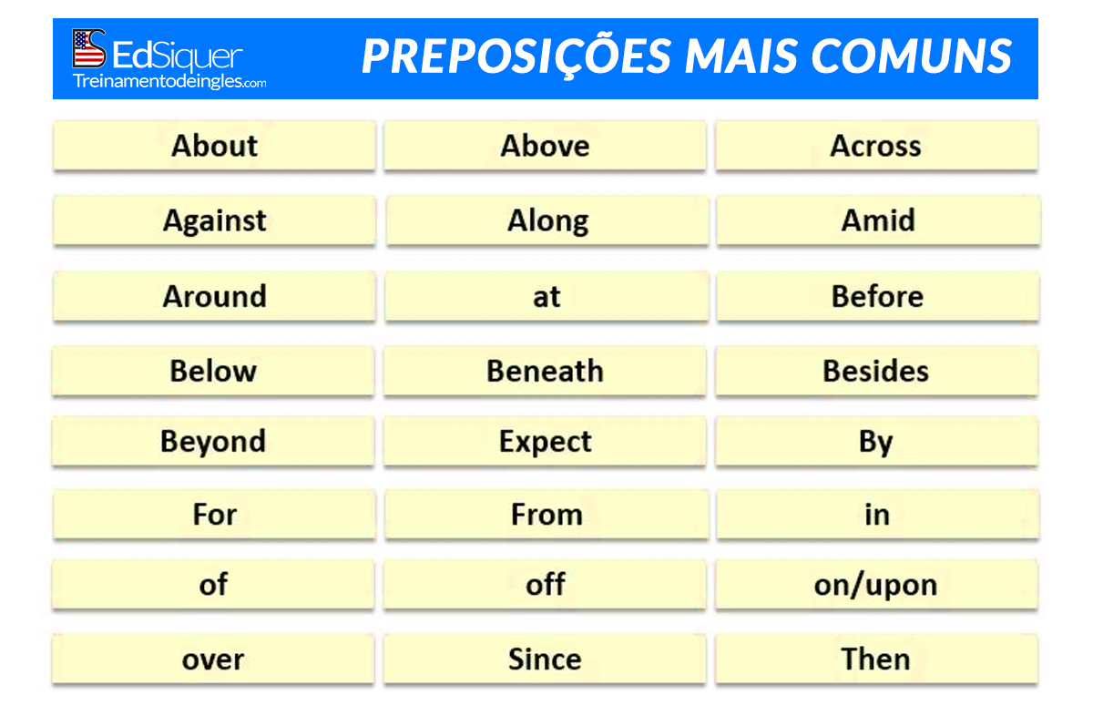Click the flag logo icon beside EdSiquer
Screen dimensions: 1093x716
(89, 48)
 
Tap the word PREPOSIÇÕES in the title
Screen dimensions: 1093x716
(516, 56)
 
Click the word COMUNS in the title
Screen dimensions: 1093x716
(911, 56)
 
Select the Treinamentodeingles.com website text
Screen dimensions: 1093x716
(169, 81)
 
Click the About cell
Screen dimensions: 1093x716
(214, 146)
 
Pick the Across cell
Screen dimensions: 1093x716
(876, 146)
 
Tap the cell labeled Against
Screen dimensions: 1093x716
(214, 220)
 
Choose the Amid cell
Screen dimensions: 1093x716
(878, 220)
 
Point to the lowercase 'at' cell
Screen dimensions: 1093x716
(546, 297)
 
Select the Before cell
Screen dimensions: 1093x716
(878, 297)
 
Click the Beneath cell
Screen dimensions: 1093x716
(545, 371)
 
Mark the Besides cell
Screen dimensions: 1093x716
(876, 371)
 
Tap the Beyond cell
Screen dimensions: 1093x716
(213, 441)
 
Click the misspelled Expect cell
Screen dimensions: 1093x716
(545, 441)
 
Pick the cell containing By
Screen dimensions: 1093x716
(876, 441)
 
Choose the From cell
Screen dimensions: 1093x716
(546, 515)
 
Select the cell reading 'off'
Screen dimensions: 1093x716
(545, 584)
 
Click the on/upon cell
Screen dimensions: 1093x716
(876, 584)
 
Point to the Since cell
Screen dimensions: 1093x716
(545, 660)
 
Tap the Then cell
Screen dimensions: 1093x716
(876, 660)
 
